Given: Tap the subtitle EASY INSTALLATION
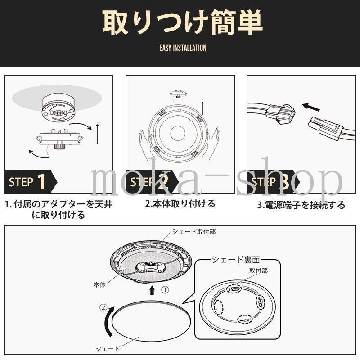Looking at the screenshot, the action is pos(183,48).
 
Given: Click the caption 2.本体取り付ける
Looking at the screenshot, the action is pos(180,204).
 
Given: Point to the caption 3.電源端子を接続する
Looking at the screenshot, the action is pos(301,205).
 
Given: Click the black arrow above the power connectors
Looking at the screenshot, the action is pos(311,107).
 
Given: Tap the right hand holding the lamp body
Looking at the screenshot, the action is pos(212,143).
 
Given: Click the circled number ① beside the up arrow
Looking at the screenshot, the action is pos(165,290).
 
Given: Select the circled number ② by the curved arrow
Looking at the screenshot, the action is pos(103,308).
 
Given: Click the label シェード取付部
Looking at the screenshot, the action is pos(194,232).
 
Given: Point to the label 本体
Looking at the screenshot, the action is pos(99,285).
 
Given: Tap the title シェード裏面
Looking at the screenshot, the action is pos(236,260).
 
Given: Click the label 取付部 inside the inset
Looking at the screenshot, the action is pos(258,271).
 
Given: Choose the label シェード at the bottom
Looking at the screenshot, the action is pos(108,349).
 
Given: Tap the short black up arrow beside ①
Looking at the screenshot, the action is pos(152,290).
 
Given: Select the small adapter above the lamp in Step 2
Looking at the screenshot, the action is pos(178,94).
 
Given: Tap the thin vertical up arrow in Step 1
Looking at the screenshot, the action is pos(97,134).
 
